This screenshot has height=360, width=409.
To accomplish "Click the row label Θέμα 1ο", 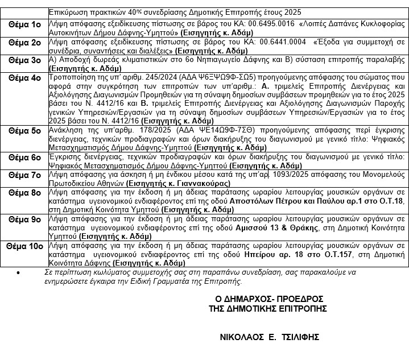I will click(x=24, y=24).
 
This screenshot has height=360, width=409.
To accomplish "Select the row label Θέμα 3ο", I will click(x=24, y=59).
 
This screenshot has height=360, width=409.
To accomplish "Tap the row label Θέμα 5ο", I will click(x=24, y=130).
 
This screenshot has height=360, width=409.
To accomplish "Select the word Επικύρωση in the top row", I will click(x=67, y=11).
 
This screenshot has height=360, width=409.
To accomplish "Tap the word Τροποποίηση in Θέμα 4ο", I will click(x=72, y=76).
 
